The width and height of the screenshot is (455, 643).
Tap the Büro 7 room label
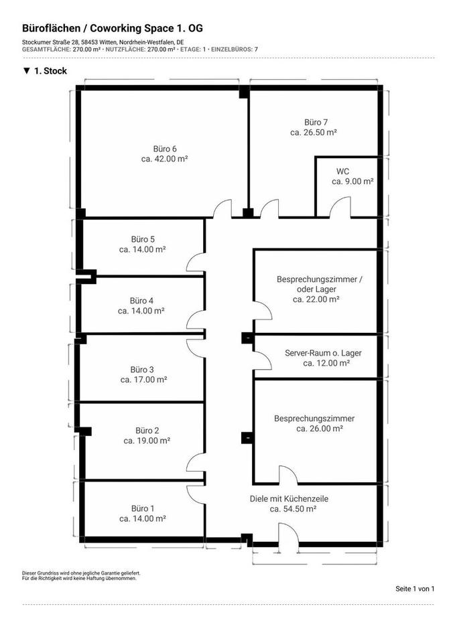pos(316,123)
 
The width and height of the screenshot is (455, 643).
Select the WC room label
pos(342,171)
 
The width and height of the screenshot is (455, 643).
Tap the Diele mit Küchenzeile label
pos(289,498)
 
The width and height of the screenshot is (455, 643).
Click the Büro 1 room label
pos(143,508)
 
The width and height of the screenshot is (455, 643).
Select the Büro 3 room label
pos(143,369)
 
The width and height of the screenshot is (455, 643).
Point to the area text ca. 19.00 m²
pos(147,441)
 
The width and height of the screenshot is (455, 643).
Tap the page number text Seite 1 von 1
pos(415,589)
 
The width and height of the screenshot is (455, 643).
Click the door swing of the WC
pos(340,206)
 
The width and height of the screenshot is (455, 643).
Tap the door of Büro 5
pos(196,262)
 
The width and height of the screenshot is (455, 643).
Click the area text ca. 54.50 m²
pos(293,509)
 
